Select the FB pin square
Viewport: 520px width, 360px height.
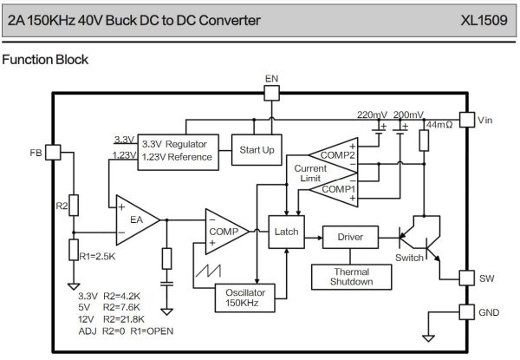(x=52, y=152)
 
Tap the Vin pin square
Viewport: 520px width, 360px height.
(x=466, y=121)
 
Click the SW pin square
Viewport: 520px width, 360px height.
(x=466, y=278)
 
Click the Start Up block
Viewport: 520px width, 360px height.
(x=257, y=150)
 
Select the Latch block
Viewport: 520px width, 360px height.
(x=285, y=232)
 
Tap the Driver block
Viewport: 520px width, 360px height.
(x=349, y=236)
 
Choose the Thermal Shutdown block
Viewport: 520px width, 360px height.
(x=350, y=276)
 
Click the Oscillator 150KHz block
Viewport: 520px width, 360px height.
(x=246, y=298)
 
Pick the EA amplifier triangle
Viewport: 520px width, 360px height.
(x=134, y=219)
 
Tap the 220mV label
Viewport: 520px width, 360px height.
(x=373, y=115)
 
